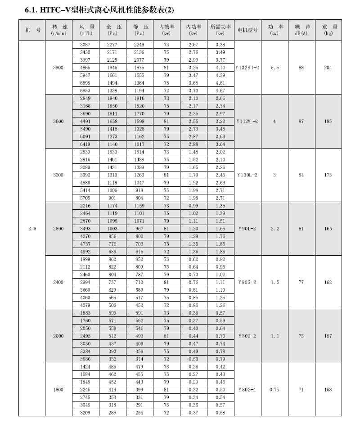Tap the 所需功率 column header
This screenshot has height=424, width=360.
pyautogui.click(x=220, y=30)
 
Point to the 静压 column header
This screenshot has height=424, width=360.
pyautogui.click(x=139, y=30)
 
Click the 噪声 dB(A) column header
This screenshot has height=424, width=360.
pyautogui.click(x=301, y=30)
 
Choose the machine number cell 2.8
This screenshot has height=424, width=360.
pyautogui.click(x=32, y=229)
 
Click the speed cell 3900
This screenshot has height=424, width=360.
pyautogui.click(x=58, y=68)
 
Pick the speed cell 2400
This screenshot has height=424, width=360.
pyautogui.click(x=58, y=282)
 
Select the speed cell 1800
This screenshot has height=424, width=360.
pyautogui.click(x=58, y=389)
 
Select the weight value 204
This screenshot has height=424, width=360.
pyautogui.click(x=328, y=68)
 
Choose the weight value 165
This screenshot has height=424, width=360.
pyautogui.click(x=328, y=229)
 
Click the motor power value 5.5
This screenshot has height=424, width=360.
pyautogui.click(x=274, y=68)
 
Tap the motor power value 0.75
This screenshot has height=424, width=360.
pyautogui.click(x=274, y=389)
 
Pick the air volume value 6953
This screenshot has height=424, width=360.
pyautogui.click(x=85, y=90)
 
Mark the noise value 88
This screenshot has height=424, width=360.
pyautogui.click(x=301, y=68)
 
